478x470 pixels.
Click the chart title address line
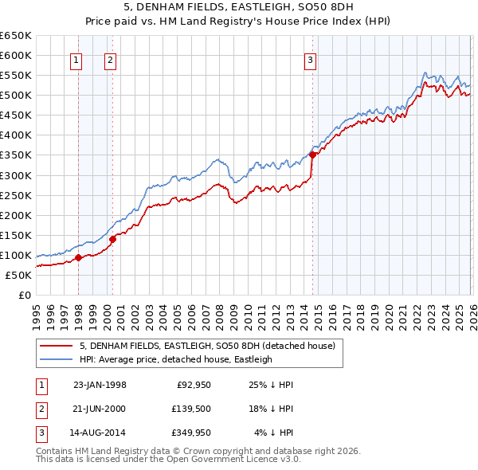pyautogui.click(x=238, y=7)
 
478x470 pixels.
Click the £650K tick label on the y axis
pyautogui.click(x=16, y=36)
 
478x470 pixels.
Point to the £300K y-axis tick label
pyautogui.click(x=16, y=175)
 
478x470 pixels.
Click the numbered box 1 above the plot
pyautogui.click(x=76, y=59)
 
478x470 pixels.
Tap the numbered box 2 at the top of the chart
pyautogui.click(x=110, y=59)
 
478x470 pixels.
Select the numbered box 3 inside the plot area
pyautogui.click(x=310, y=59)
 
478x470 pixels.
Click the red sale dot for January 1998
pyautogui.click(x=79, y=258)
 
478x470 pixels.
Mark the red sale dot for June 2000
pyautogui.click(x=113, y=238)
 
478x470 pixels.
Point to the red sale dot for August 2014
pyautogui.click(x=312, y=155)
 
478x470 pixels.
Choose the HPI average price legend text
pyautogui.click(x=175, y=359)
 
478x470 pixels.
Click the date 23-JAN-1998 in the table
pyautogui.click(x=100, y=385)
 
